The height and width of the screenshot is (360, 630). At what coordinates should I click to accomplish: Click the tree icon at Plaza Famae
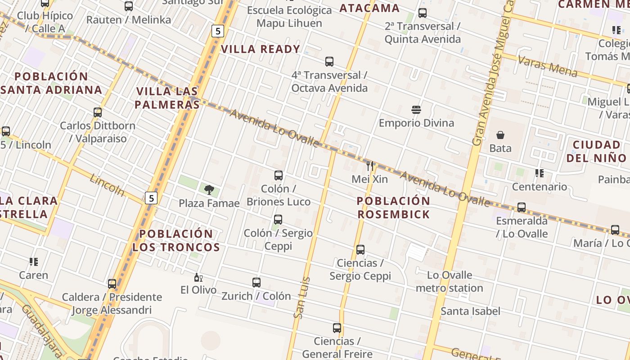pyautogui.click(x=209, y=189)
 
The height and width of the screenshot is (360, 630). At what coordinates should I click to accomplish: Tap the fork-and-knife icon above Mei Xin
pyautogui.click(x=370, y=166)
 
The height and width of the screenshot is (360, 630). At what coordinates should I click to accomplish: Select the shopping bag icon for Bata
pyautogui.click(x=500, y=135)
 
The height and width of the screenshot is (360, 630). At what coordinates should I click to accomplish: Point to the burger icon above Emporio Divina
pyautogui.click(x=416, y=109)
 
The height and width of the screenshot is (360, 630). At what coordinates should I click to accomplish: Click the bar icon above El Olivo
pyautogui.click(x=198, y=277)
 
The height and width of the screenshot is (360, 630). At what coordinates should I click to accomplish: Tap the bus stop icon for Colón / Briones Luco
pyautogui.click(x=279, y=175)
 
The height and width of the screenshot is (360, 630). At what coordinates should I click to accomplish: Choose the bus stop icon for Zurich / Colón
pyautogui.click(x=256, y=283)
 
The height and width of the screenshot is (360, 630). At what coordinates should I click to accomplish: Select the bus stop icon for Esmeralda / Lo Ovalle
pyautogui.click(x=522, y=207)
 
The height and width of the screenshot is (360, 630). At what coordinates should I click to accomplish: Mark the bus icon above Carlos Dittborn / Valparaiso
pyautogui.click(x=98, y=112)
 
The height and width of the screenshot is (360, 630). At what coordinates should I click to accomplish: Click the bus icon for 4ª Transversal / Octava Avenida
pyautogui.click(x=329, y=62)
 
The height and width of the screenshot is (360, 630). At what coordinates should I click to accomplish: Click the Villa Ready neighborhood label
pyautogui.click(x=261, y=49)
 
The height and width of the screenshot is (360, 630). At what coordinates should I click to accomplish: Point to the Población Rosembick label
pyautogui.click(x=394, y=207)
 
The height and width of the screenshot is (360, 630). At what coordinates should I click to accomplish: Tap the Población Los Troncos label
pyautogui.click(x=176, y=240)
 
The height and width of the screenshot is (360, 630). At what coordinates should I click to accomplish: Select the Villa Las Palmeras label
pyautogui.click(x=168, y=98)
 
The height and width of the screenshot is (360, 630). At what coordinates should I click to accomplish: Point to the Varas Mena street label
pyautogui.click(x=547, y=66)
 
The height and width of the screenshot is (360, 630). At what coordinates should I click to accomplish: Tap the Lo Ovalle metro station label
pyautogui.click(x=449, y=281)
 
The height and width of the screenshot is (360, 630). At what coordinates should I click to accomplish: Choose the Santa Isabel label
pyautogui.click(x=470, y=311)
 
